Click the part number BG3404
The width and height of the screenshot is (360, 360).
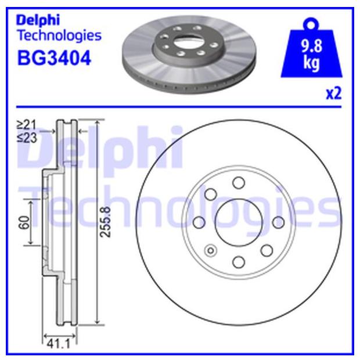(54, 58)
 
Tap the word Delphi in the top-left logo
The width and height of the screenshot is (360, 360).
(38, 20)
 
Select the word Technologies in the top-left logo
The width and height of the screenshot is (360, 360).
(60, 35)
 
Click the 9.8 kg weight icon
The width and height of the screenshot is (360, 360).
(311, 48)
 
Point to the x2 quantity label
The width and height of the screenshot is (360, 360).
(334, 93)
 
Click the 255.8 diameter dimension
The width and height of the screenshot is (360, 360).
(105, 222)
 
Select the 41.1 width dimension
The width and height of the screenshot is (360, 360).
(58, 344)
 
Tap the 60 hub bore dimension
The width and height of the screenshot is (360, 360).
(24, 222)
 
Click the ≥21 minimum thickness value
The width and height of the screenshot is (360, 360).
(26, 125)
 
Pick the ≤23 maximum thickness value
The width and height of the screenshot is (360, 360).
(27, 138)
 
